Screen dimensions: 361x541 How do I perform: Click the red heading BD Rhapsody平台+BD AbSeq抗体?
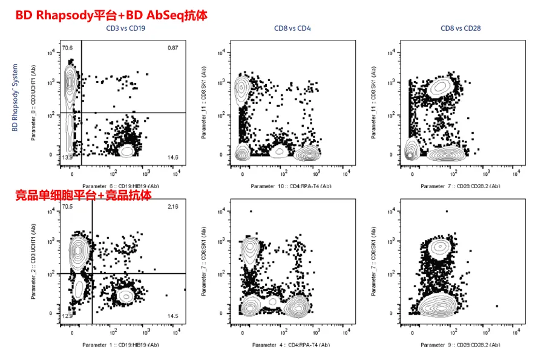click(x=111, y=15)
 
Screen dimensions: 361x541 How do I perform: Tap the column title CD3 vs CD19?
click(x=125, y=28)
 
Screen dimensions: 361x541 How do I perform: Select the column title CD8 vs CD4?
click(x=292, y=28)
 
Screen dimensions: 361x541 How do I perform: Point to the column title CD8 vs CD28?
click(x=460, y=28)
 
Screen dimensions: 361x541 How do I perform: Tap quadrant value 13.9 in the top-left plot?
click(x=67, y=157)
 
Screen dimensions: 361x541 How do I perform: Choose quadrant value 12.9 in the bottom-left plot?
click(x=67, y=316)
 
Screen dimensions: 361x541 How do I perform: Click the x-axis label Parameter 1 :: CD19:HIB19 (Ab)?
click(x=120, y=345)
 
